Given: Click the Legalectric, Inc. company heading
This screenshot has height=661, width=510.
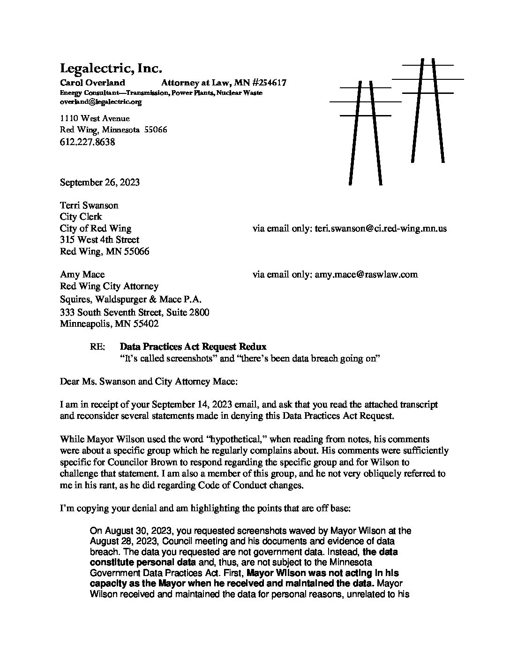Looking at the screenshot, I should pos(111,69).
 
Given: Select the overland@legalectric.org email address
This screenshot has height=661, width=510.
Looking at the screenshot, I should pos(100,101).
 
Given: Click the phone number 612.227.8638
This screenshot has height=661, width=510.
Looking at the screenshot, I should pos(87,141).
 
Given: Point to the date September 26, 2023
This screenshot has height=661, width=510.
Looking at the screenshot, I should pos(99,182).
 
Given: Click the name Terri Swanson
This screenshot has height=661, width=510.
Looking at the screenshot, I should pos(89,205).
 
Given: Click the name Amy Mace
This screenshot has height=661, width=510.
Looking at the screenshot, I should pos(82,274).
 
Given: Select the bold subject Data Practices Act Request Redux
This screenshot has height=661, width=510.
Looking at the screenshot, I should pos(193,347).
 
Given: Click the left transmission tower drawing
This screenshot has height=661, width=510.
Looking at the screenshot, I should pos(365,131).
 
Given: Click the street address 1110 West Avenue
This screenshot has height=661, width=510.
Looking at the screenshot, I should pos(95,118).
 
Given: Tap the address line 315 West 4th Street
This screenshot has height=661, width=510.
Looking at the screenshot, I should pos(99,240).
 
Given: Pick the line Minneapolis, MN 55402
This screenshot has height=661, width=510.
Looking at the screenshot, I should pos(109,324).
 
